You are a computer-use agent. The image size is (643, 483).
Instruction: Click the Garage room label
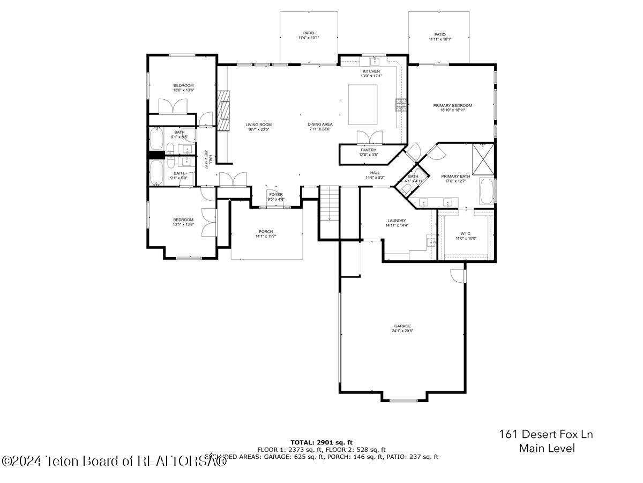pyautogui.click(x=402, y=326)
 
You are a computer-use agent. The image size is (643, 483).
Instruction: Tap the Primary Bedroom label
pyautogui.click(x=452, y=106)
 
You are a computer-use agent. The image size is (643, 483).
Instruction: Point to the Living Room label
pyautogui.click(x=259, y=125)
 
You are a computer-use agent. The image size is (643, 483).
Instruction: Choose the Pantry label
pyautogui.click(x=368, y=150)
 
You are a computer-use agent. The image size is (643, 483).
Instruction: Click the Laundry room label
pyautogui.click(x=397, y=221)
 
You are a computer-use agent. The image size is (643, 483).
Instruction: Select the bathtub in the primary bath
pyautogui.click(x=487, y=192)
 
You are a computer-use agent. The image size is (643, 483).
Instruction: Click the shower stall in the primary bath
pyautogui.click(x=483, y=157)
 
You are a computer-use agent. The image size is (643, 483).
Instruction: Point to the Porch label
pyautogui.click(x=266, y=232)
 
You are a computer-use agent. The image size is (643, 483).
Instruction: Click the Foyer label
pyautogui.click(x=276, y=194)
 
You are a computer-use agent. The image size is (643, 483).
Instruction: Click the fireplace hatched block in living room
pyautogui.click(x=223, y=110)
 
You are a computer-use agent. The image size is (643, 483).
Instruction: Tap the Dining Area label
pyautogui.click(x=320, y=125)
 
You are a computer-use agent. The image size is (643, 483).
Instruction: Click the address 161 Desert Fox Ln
pyautogui.click(x=546, y=434)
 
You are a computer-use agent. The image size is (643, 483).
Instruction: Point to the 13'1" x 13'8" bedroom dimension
pyautogui.click(x=183, y=225)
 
